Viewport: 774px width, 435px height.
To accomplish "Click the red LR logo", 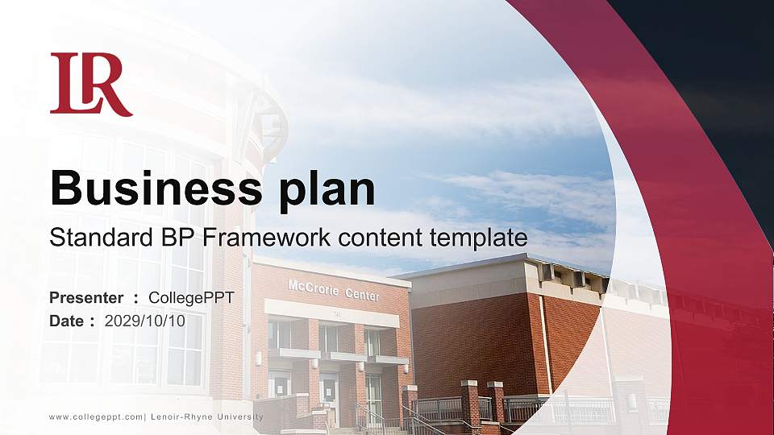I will point(90,84).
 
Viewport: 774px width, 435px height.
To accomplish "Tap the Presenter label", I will point(86,298).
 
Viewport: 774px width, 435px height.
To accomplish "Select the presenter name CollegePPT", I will point(191,298).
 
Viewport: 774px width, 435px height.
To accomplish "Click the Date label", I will point(67,321).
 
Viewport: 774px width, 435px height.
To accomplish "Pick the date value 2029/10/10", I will point(145,321).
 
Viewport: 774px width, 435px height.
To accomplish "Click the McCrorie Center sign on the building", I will point(333,291).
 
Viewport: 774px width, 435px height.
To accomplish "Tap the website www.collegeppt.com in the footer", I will point(96,416).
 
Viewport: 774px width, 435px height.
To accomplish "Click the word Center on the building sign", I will point(362,295).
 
